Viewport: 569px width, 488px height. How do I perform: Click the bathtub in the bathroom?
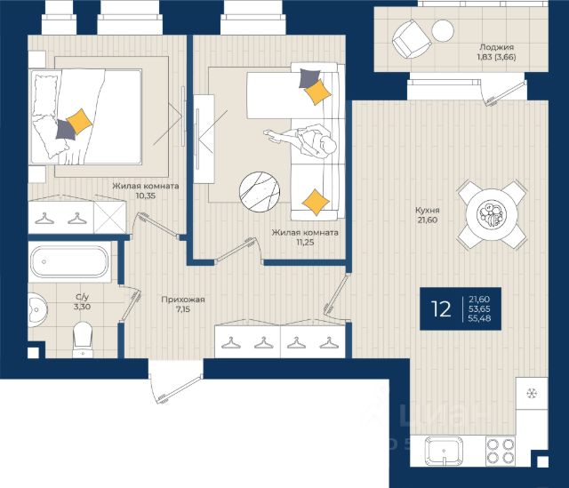pos(69,261)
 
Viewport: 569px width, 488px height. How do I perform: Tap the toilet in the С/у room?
pos(83,340)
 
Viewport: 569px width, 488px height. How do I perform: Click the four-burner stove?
pos(501,451)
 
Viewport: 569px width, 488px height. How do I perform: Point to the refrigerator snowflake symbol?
pos(532,393)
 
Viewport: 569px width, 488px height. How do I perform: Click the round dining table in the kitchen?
pos(492,215)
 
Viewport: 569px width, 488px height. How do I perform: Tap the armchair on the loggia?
pos(412,38)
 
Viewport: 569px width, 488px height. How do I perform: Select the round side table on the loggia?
pos(443,30)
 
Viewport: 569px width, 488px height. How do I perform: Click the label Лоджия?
pos(496,47)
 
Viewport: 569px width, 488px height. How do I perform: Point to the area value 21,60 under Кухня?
pos(427,220)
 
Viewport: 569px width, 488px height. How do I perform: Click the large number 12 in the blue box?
pos(441,309)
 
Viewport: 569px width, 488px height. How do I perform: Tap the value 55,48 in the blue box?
pos(479,318)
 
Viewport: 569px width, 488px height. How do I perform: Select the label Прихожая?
pos(183,300)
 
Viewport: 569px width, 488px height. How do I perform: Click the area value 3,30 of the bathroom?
pos(82,307)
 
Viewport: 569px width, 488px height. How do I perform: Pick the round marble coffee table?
pos(260,192)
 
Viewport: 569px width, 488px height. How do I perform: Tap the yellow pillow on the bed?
pos(79,122)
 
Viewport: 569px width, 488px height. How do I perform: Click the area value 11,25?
pos(305,243)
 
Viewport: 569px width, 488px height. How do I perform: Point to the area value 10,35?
pos(145,196)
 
